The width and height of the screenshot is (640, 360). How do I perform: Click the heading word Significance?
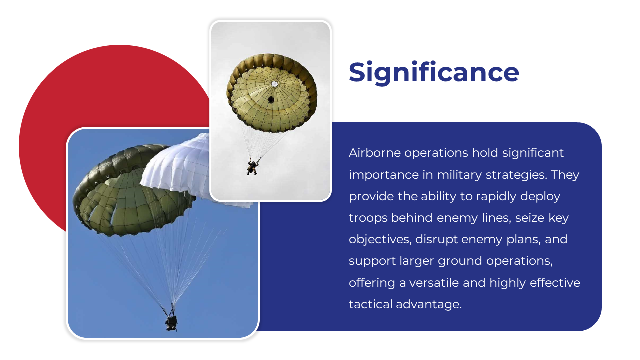click(x=434, y=73)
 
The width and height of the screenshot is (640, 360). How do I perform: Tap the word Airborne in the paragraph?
click(x=375, y=153)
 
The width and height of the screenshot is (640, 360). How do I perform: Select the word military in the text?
click(x=459, y=175)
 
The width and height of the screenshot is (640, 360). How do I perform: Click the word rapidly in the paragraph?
click(x=496, y=196)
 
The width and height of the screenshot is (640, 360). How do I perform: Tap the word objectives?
click(x=380, y=239)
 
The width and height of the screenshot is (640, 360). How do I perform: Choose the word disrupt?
click(x=437, y=239)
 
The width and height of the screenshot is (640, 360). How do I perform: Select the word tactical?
click(x=370, y=304)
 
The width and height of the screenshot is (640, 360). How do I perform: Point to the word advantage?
click(x=429, y=305)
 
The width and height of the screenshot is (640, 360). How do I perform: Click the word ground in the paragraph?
click(x=460, y=261)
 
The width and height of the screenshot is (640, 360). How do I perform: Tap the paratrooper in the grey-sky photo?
click(x=252, y=167)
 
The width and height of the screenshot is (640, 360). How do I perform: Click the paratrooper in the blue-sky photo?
click(x=171, y=323)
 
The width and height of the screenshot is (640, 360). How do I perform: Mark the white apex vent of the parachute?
click(x=274, y=84)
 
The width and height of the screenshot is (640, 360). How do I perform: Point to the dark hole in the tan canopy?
click(x=271, y=99)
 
